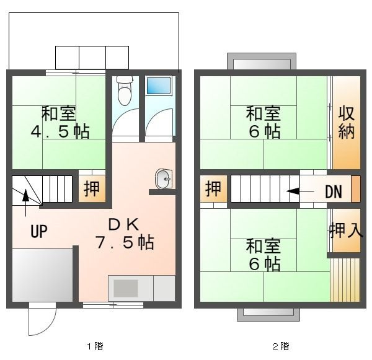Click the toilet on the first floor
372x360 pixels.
tap(125, 92)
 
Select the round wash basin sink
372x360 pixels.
tap(164, 179)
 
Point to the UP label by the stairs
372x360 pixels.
tap(39, 232)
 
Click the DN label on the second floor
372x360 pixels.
tap(334, 191)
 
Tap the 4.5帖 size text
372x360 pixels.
tap(60, 132)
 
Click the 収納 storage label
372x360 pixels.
tap(346, 123)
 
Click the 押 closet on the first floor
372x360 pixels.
tap(91, 188)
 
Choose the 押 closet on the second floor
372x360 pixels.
tap(213, 189)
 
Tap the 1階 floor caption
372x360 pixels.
tap(94, 346)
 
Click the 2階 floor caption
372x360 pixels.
tap(280, 346)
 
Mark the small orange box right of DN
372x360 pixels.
tap(355, 189)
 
